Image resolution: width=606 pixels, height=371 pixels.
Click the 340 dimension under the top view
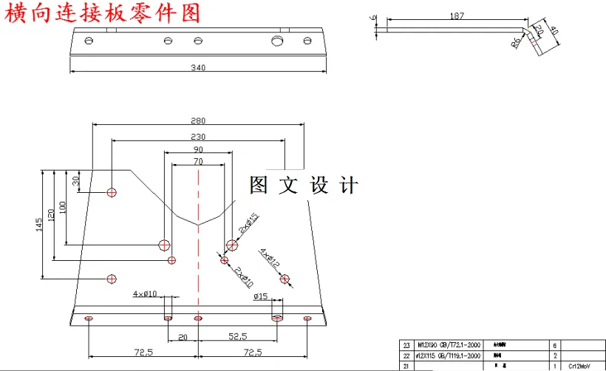point(197,68)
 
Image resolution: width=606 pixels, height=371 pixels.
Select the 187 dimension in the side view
point(457,16)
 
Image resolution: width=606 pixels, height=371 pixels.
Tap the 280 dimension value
point(197,120)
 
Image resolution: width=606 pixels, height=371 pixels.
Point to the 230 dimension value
point(197,137)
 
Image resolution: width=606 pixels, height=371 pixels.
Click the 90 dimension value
point(197,150)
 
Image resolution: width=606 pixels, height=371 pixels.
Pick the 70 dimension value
point(197,161)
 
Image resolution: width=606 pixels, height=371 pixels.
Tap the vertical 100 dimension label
point(64,207)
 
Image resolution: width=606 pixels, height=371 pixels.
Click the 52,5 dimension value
point(237,336)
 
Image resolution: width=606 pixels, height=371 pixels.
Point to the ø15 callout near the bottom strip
point(260,296)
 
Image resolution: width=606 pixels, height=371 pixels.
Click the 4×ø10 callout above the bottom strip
point(145,294)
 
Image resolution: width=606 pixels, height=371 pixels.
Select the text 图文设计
point(304,185)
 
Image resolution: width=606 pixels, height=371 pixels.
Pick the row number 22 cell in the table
point(406,355)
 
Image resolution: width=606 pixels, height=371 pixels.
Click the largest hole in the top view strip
point(278,40)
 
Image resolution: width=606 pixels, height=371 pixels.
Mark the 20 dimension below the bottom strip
point(183,336)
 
